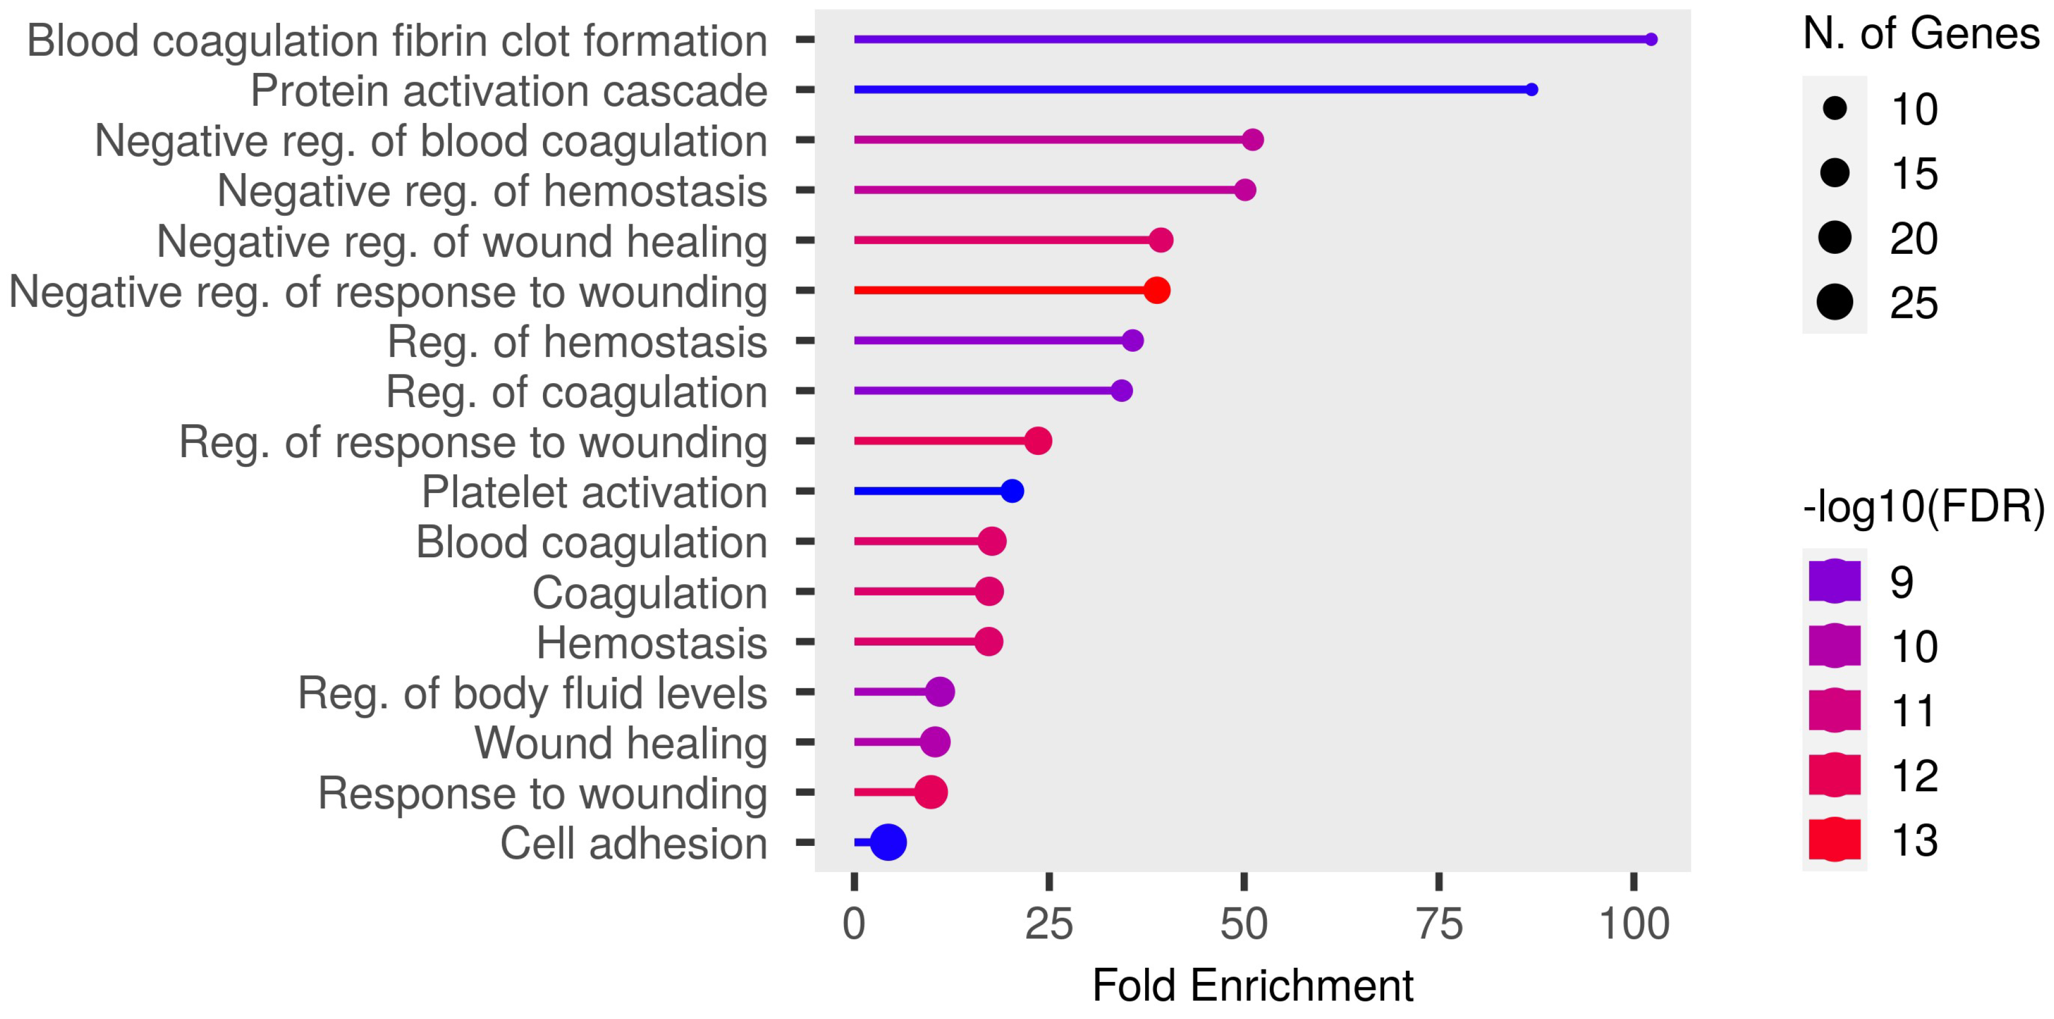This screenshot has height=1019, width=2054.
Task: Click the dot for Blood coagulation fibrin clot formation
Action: point(1650,39)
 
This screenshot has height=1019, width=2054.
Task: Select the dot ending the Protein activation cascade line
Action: point(1531,89)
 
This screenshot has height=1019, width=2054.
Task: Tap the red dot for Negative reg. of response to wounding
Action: point(1156,290)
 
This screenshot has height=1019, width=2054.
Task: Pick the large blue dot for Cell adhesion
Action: point(888,842)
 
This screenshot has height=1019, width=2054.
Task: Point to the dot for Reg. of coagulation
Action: point(1121,391)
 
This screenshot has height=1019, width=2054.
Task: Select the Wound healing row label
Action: point(620,743)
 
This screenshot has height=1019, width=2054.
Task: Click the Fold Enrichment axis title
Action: point(1252,985)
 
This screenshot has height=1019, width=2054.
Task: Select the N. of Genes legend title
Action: point(1921,34)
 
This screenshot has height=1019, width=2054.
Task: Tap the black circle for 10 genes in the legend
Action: point(1835,108)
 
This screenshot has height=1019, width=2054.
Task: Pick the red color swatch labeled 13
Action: point(1835,840)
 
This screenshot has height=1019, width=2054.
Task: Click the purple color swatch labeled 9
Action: point(1835,581)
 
